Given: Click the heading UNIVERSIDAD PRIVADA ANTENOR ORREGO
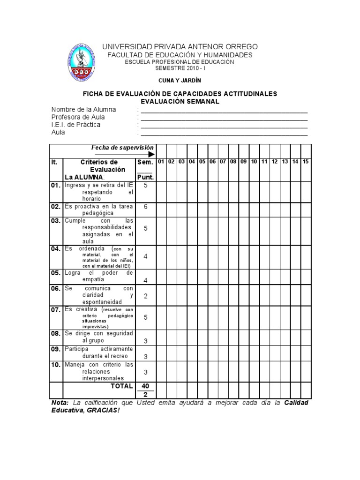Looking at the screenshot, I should coord(180,47).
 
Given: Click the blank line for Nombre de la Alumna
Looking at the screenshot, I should coord(224,112).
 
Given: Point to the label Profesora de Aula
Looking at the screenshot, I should coord(78,117).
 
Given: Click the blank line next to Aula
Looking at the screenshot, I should coord(224,134).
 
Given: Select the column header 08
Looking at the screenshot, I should coord(233,162).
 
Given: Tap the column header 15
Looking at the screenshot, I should coord(305,162).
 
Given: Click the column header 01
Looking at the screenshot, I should coord(161,162).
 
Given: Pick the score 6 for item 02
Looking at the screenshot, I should coord(145,207).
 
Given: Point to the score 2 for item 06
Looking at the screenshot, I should coord(145,296).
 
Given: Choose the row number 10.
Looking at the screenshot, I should coord(56,365).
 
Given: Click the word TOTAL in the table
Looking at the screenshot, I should coord(122,386).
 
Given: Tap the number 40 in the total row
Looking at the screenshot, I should coord(145,386).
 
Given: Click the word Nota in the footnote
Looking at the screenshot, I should coord(59,404).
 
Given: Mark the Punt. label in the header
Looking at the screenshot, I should coord(145,177).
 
